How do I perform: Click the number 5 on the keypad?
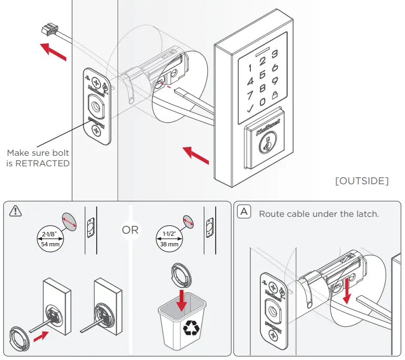(x=262, y=81)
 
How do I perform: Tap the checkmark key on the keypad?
(x=249, y=109)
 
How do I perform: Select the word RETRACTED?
(x=45, y=163)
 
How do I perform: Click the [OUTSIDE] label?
(x=362, y=181)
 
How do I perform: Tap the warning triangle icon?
(x=16, y=211)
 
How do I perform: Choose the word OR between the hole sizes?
(x=130, y=231)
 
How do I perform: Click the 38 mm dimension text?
(x=169, y=244)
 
